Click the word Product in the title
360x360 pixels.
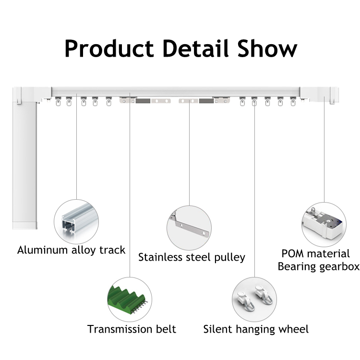(109, 48)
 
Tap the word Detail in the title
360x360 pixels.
(196, 48)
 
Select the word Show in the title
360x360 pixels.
(267, 48)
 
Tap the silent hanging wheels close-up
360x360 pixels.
(255, 298)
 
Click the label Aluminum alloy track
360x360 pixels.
(72, 250)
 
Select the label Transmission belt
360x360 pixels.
(132, 329)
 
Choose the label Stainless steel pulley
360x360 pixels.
(192, 257)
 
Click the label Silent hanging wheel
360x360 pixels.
(256, 329)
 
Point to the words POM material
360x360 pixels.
(316, 254)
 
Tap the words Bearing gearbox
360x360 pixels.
(318, 267)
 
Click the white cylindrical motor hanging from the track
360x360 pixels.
(24, 165)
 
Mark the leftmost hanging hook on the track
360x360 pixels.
(58, 101)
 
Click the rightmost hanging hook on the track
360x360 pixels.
(293, 101)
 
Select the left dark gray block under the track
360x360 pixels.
(143, 101)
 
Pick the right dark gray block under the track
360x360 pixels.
(206, 101)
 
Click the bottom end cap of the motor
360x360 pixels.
(24, 225)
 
